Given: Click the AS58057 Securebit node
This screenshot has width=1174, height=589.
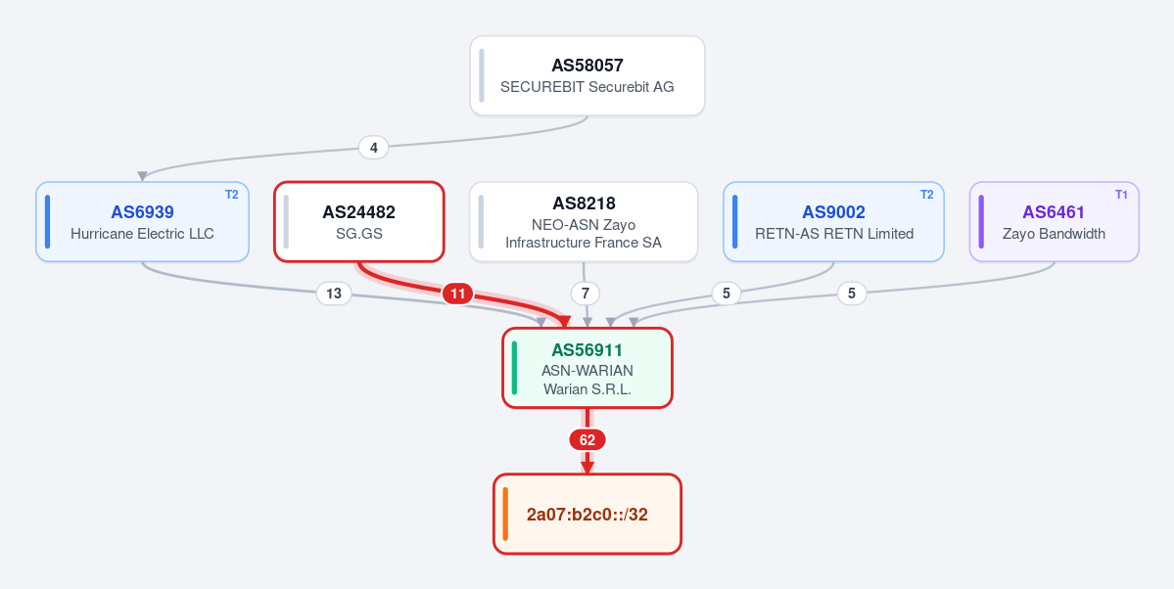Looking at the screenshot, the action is click(x=587, y=75).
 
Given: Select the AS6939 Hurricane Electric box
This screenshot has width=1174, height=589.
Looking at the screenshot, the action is click(x=142, y=221).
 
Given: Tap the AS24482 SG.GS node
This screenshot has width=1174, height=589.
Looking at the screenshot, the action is click(x=359, y=221).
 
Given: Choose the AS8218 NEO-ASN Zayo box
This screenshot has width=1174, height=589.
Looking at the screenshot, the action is click(x=584, y=221).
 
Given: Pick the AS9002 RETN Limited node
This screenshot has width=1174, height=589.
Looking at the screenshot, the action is click(x=833, y=221).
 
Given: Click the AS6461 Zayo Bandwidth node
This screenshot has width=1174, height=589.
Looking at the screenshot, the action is click(x=1055, y=221).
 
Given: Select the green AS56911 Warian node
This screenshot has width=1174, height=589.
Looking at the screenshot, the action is click(x=587, y=368).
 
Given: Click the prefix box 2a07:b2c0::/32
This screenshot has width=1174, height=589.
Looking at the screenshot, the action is click(x=587, y=515).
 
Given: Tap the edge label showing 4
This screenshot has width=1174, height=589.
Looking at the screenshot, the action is click(x=374, y=148).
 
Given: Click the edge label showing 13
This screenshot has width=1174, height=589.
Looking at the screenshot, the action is click(x=334, y=294).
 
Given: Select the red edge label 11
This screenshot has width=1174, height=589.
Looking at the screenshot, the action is click(x=457, y=294).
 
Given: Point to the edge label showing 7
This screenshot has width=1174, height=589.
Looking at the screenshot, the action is click(x=586, y=294).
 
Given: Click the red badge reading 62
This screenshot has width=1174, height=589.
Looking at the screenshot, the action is click(x=587, y=440).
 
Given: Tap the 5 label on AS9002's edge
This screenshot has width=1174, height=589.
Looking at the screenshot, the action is click(x=727, y=294).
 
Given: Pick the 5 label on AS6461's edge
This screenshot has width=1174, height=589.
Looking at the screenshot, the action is click(x=852, y=294).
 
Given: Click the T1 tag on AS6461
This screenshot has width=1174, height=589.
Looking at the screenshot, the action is click(x=1121, y=195).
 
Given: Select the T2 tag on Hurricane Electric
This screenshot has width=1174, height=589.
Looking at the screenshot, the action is click(x=231, y=195).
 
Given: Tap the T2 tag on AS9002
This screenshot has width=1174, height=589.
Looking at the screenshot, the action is click(x=926, y=195).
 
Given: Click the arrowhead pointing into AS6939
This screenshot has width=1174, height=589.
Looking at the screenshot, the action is click(x=142, y=177).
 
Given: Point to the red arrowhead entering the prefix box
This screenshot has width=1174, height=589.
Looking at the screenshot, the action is click(x=587, y=468).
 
